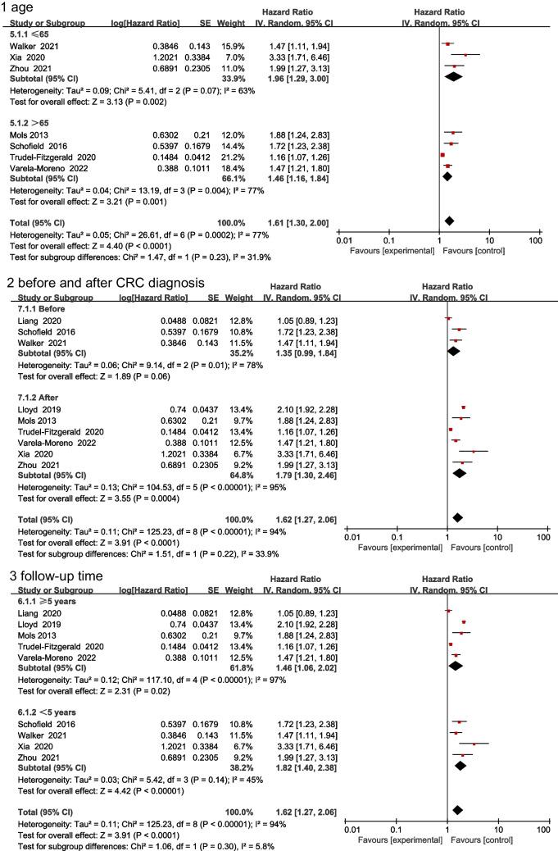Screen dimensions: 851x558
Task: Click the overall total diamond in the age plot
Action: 449,221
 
